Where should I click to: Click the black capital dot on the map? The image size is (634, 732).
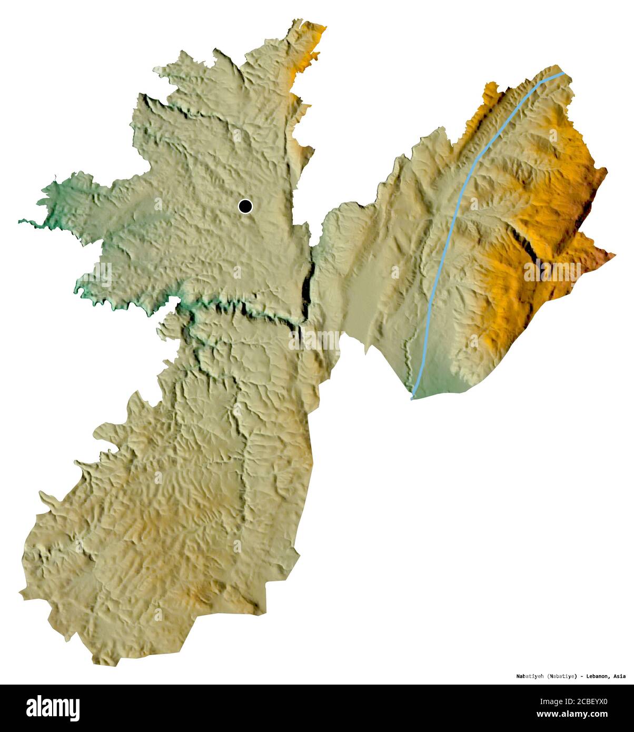pos(245,206)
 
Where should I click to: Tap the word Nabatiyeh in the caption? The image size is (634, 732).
pos(530,676)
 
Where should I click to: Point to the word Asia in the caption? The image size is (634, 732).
pos(619,676)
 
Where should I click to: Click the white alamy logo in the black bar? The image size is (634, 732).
pos(53,708)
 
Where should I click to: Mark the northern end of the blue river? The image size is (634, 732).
pos(563,73)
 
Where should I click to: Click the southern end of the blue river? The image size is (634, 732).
pos(412,398)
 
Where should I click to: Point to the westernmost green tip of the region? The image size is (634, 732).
pos(19,222)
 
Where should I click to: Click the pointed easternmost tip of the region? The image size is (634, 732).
pos(615,256)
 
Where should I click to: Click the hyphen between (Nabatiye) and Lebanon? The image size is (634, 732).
pos(581,676)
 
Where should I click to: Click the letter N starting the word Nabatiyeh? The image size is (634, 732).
pos(518,676)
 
